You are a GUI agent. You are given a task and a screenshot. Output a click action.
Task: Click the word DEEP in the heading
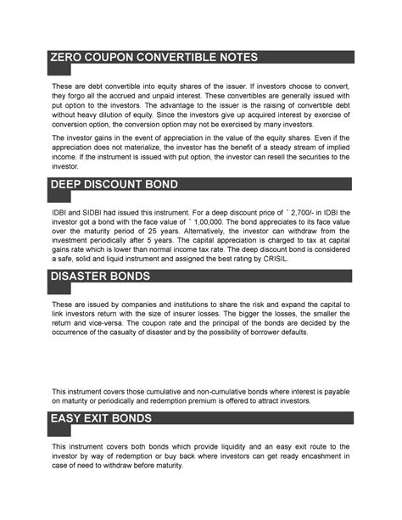tap(70, 185)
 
